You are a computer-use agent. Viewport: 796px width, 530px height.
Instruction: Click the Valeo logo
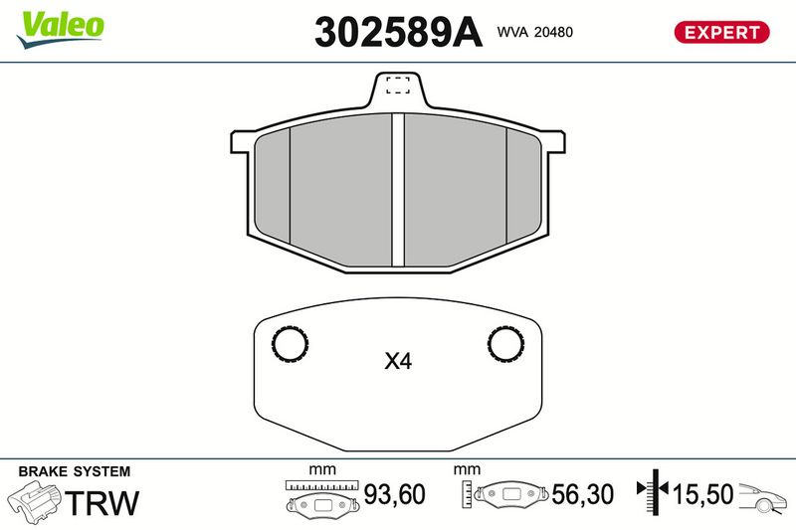[x=60, y=29]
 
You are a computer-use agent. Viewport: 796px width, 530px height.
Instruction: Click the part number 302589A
[x=398, y=32]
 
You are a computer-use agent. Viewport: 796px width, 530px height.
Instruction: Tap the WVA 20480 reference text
[x=534, y=32]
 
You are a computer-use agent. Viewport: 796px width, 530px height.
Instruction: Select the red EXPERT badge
[x=721, y=32]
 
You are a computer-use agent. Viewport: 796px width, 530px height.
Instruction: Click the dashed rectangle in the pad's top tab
[x=398, y=86]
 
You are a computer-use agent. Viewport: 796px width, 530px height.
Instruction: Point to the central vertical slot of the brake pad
[x=398, y=190]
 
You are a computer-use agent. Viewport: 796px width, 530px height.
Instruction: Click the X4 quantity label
[x=398, y=361]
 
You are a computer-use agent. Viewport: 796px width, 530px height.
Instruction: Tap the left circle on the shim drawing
[x=290, y=344]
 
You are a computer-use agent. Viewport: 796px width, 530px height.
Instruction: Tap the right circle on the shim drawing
[x=505, y=344]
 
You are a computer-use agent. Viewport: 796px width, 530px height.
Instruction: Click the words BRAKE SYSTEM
[x=74, y=471]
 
